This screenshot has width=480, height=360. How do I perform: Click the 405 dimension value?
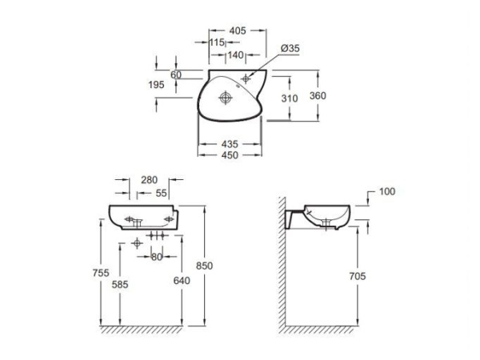point(238,30)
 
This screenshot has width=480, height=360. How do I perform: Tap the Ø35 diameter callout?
point(290,48)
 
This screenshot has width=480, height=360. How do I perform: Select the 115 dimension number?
point(217,42)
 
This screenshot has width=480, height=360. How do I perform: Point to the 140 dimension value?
point(235,55)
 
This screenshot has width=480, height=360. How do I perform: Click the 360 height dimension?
point(318,96)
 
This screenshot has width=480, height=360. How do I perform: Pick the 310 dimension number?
point(290,98)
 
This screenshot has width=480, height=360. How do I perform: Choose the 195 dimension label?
point(156,85)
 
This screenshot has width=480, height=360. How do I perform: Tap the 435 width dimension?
point(230,144)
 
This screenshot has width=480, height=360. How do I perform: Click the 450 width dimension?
point(230,155)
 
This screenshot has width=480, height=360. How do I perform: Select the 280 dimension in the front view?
point(149,180)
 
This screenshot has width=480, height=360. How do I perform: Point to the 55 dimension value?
point(161,193)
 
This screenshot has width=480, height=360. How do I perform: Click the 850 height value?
point(204,266)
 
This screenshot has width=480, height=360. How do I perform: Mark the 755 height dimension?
point(101,273)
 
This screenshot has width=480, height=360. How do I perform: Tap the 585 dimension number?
point(120,285)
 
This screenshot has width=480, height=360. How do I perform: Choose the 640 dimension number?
point(182,281)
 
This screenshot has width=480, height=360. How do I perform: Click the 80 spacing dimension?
point(157,257)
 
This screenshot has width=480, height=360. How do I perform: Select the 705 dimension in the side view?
point(358,276)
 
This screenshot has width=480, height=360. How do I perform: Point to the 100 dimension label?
point(387,192)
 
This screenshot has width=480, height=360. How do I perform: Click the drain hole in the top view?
point(226,98)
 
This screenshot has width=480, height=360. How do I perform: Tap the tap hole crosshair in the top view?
point(246,79)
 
